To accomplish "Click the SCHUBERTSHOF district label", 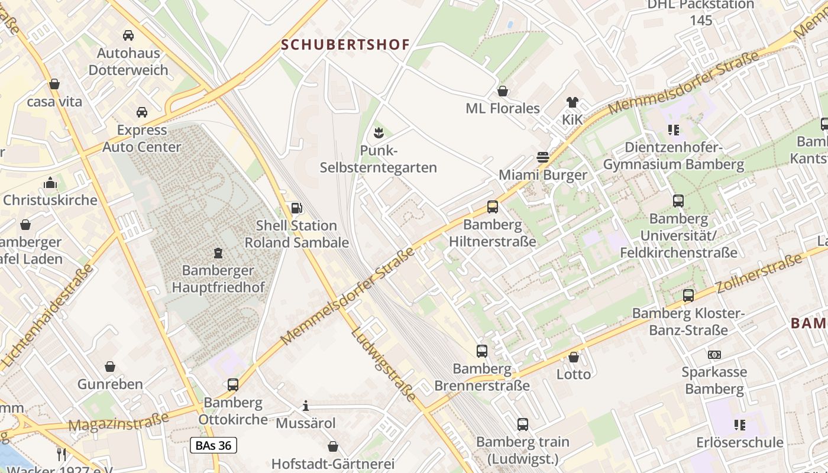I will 345,45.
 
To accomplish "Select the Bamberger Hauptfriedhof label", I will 218,279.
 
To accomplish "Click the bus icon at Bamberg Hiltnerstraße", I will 493,207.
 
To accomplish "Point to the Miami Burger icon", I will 543,157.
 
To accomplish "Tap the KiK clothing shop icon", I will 572,102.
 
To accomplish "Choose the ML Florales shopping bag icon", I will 503,91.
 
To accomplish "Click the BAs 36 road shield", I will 214,445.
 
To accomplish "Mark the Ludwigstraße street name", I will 384,364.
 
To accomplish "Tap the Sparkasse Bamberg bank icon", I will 714,355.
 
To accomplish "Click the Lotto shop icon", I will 573,357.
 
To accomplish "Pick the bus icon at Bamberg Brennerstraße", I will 482,351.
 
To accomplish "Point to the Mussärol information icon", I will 306,406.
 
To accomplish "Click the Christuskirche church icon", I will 50,183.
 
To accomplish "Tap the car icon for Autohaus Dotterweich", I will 128,35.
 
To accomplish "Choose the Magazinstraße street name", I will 118,422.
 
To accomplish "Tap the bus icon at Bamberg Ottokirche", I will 233,385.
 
